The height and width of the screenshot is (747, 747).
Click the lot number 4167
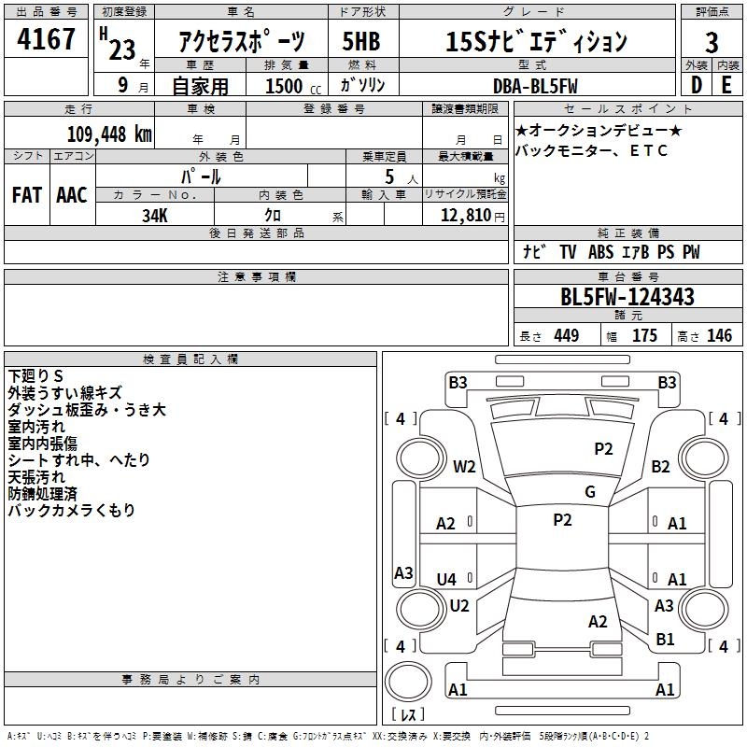(46, 39)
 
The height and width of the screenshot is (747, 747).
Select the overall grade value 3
(712, 42)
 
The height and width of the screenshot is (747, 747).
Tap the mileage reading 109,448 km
(109, 134)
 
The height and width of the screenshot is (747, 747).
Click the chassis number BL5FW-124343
(627, 297)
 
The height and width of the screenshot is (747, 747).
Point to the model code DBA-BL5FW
(535, 86)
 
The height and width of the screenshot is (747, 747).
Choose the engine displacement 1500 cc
(293, 86)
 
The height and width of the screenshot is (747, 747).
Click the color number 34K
(155, 216)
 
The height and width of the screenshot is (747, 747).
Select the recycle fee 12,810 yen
(472, 216)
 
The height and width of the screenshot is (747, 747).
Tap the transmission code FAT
(27, 195)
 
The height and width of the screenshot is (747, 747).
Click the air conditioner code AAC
(72, 195)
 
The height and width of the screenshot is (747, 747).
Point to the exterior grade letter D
(696, 85)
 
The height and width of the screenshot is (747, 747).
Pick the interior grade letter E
(726, 85)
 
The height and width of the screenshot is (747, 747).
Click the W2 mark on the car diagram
(464, 466)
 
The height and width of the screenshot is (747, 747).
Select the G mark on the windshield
(590, 492)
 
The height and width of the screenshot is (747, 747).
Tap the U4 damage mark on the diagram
(446, 579)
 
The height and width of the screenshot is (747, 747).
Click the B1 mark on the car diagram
(665, 639)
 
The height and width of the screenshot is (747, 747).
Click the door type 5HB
(361, 41)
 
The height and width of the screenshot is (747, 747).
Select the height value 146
(719, 335)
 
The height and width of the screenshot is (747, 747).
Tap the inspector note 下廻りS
(35, 376)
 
